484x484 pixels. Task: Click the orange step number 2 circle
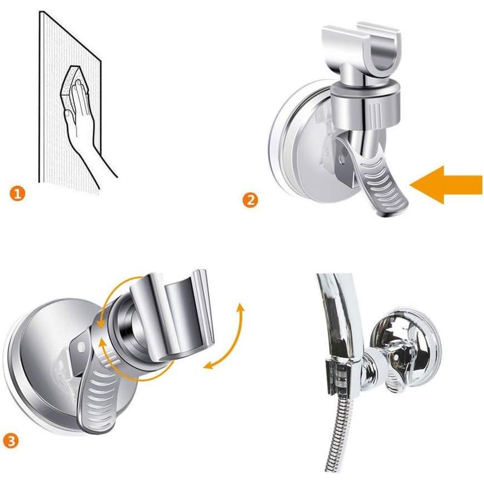(250, 200)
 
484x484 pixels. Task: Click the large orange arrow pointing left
(445, 185)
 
